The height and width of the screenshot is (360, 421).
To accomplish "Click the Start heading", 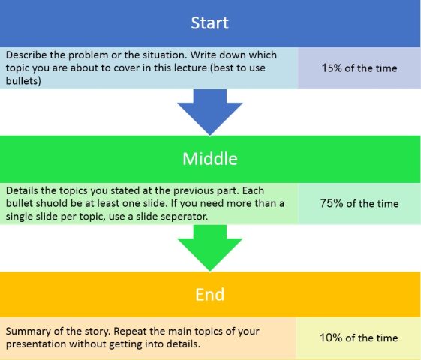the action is tap(209, 22).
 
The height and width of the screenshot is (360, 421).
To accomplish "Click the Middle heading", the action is tap(210, 159).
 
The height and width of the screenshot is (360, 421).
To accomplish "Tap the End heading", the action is tap(209, 294).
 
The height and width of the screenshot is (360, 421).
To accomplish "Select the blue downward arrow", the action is tap(210, 112).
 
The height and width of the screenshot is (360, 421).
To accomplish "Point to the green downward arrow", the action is tap(210, 247).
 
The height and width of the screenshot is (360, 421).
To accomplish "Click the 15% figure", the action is tap(332, 68).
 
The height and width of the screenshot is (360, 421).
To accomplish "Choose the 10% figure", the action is tap(331, 337).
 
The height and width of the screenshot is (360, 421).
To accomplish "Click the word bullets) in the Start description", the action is tap(23, 80).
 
